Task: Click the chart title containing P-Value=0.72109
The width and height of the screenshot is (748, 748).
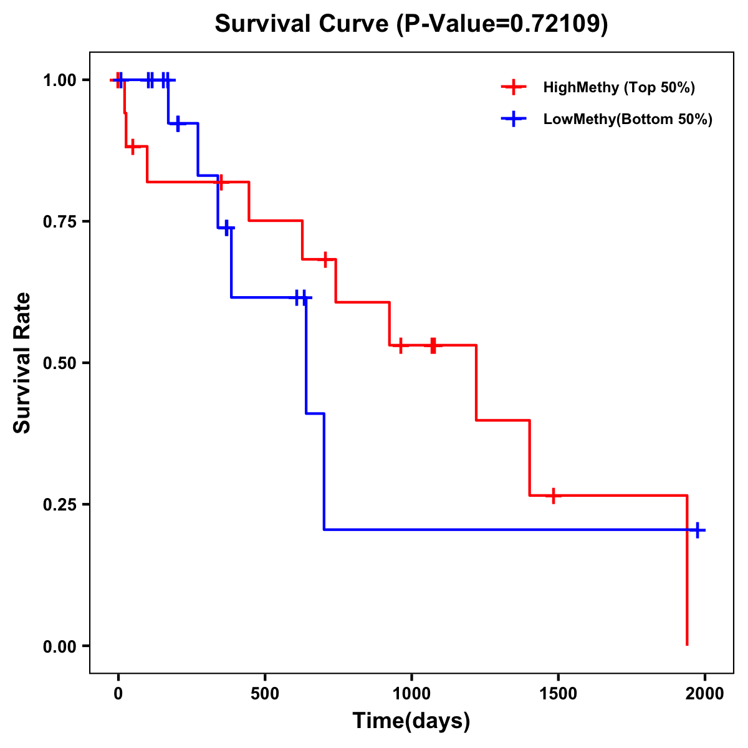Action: (411, 24)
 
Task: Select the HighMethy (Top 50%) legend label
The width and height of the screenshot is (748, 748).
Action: (619, 87)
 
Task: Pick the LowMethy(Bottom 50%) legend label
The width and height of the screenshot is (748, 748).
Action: (628, 119)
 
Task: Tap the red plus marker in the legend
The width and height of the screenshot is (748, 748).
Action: (513, 87)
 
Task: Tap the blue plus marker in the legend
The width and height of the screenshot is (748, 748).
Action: (513, 119)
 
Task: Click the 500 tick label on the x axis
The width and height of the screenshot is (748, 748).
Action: (265, 694)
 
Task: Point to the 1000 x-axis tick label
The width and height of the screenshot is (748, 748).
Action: (411, 694)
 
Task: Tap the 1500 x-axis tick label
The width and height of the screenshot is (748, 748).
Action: (558, 694)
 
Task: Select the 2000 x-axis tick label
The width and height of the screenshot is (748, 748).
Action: (704, 694)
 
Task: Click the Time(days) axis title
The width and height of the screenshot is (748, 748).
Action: (411, 721)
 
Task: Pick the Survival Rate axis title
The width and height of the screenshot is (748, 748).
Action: (22, 363)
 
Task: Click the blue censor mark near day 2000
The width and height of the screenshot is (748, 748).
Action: (698, 530)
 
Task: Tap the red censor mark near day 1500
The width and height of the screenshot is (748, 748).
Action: (553, 496)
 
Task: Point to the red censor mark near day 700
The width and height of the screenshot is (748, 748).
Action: (325, 259)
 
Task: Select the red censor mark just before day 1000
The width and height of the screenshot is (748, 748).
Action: (400, 345)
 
